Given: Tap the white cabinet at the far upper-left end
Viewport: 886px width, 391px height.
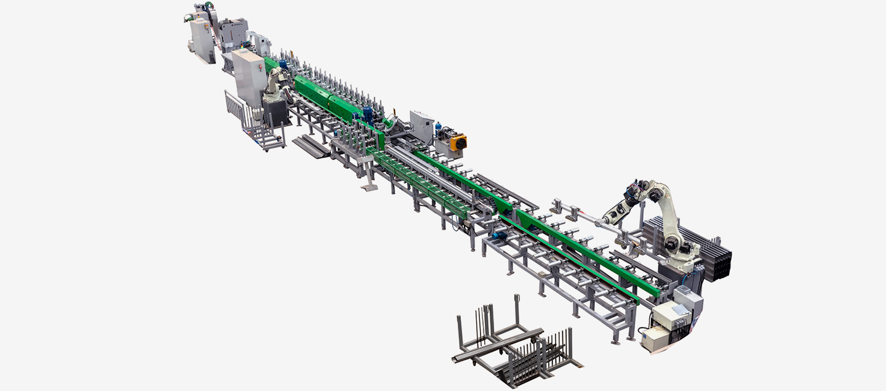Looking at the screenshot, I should [201, 39].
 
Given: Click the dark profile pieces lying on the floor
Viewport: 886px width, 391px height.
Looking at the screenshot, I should [311, 147].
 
